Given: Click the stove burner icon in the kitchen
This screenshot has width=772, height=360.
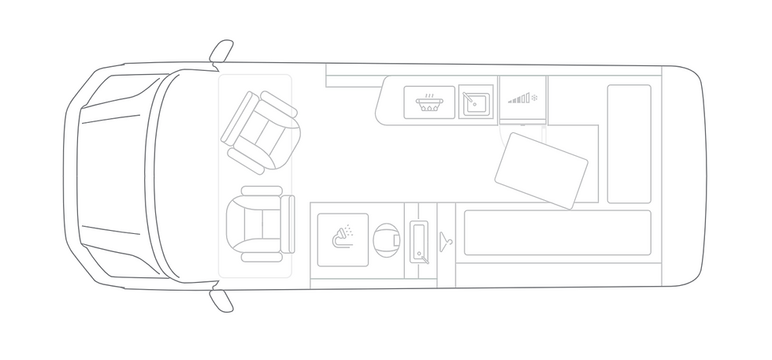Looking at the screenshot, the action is tap(429, 102).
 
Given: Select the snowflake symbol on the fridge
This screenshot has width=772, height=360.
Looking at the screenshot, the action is tap(534, 98).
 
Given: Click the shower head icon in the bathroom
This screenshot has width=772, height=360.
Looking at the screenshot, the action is tap(344, 235).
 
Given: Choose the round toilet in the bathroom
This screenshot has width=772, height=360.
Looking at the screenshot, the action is tap(385, 240).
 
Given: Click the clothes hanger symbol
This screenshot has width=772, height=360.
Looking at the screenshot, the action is tap(446, 239).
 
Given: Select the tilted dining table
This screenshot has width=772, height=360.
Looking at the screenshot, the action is tap(541, 170).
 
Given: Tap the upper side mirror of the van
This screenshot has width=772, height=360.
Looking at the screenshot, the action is tap(221, 50).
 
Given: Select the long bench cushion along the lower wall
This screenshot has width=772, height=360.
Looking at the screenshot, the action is tap(557, 233).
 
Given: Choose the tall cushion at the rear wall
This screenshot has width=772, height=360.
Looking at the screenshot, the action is tap(629, 143).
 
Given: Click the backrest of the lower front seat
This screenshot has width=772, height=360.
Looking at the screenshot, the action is tap(288, 223).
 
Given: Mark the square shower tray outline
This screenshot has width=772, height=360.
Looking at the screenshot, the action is tap(343, 240).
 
